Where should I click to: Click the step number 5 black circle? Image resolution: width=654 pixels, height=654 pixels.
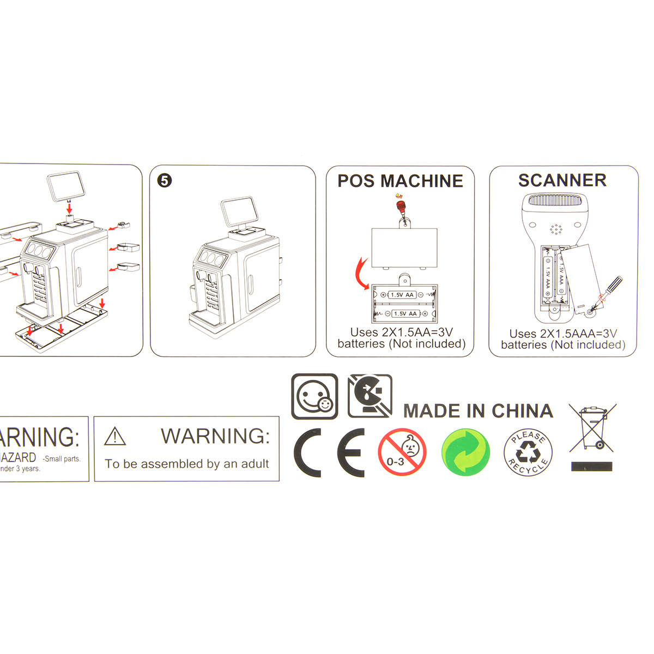pyautogui.click(x=165, y=180)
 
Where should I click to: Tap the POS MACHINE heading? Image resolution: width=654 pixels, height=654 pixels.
pyautogui.click(x=400, y=181)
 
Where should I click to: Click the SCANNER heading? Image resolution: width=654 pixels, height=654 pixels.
pyautogui.click(x=562, y=180)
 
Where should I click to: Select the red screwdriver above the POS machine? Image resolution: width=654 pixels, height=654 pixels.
pyautogui.click(x=402, y=208)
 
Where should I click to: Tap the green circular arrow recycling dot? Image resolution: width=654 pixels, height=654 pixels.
pyautogui.click(x=465, y=452)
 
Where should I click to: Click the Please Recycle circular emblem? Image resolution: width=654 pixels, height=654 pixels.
pyautogui.click(x=528, y=452)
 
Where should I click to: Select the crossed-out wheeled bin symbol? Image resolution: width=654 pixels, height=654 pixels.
pyautogui.click(x=592, y=428)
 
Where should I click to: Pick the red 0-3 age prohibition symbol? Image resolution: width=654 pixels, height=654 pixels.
pyautogui.click(x=402, y=452)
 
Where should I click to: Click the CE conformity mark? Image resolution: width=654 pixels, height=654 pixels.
pyautogui.click(x=329, y=452)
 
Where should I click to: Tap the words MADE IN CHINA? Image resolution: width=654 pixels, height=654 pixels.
pyautogui.click(x=478, y=411)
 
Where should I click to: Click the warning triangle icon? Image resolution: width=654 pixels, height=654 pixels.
pyautogui.click(x=115, y=437)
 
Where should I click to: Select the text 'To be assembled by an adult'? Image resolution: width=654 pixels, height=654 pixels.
pyautogui.click(x=187, y=464)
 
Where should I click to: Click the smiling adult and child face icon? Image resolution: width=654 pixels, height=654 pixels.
pyautogui.click(x=314, y=397)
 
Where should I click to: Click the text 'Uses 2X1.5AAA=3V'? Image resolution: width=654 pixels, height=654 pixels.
pyautogui.click(x=563, y=334)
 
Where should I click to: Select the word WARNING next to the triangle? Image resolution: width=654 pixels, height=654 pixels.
pyautogui.click(x=215, y=436)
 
